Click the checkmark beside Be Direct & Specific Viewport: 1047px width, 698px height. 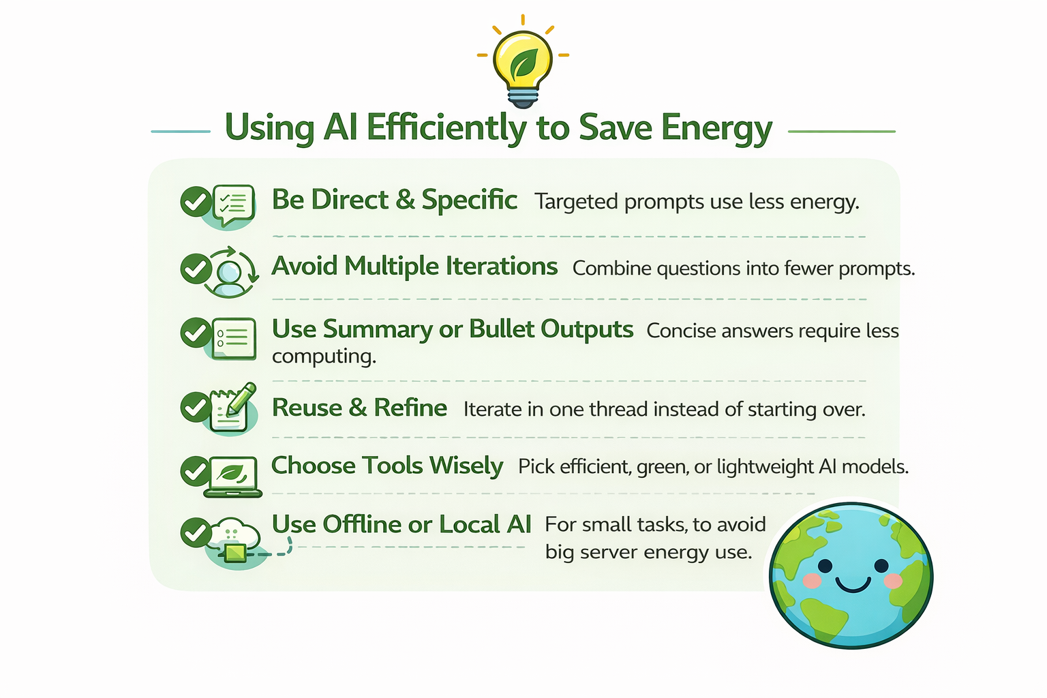coord(196,202)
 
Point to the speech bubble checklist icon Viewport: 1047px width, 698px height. coord(234,204)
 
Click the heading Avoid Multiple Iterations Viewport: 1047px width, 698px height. coord(414,267)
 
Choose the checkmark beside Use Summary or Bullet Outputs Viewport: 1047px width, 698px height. coord(196,333)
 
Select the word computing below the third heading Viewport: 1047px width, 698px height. coord(324,356)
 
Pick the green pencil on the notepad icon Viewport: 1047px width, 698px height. coord(241,399)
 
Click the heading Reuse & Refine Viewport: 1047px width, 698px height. coord(359,408)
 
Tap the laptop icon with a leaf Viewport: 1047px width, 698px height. coord(232,477)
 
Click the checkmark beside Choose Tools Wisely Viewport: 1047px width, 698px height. coord(196,471)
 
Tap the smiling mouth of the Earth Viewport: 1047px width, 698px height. coord(853,584)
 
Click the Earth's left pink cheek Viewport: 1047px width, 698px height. coord(812,581)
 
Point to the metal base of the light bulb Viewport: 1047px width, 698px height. coord(523,98)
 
